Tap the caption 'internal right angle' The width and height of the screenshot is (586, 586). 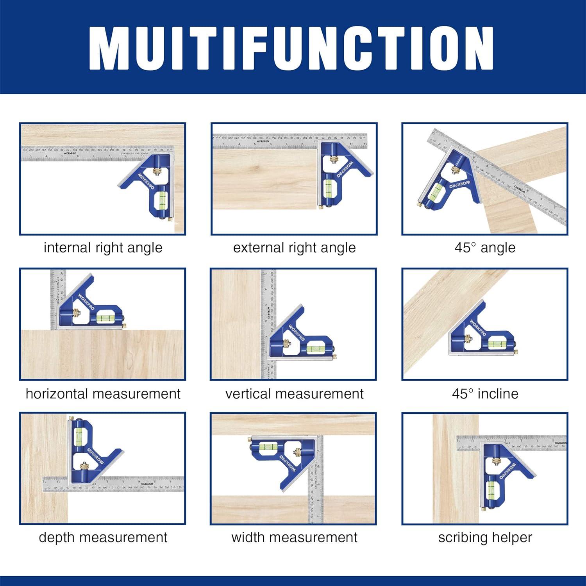pyautogui.click(x=103, y=248)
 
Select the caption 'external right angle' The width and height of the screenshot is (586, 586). pyautogui.click(x=294, y=248)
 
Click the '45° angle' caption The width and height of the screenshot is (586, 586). pyautogui.click(x=485, y=248)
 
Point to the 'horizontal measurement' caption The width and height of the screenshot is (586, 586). pyautogui.click(x=103, y=394)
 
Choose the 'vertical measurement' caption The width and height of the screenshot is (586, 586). pyautogui.click(x=294, y=394)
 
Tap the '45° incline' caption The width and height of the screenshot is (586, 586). pyautogui.click(x=485, y=394)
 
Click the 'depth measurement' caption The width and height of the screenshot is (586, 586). pyautogui.click(x=103, y=538)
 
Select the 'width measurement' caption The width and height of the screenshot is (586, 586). pyautogui.click(x=294, y=538)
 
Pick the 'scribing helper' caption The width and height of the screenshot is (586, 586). pyautogui.click(x=485, y=538)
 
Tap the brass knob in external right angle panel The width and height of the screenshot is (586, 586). pyautogui.click(x=334, y=159)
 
